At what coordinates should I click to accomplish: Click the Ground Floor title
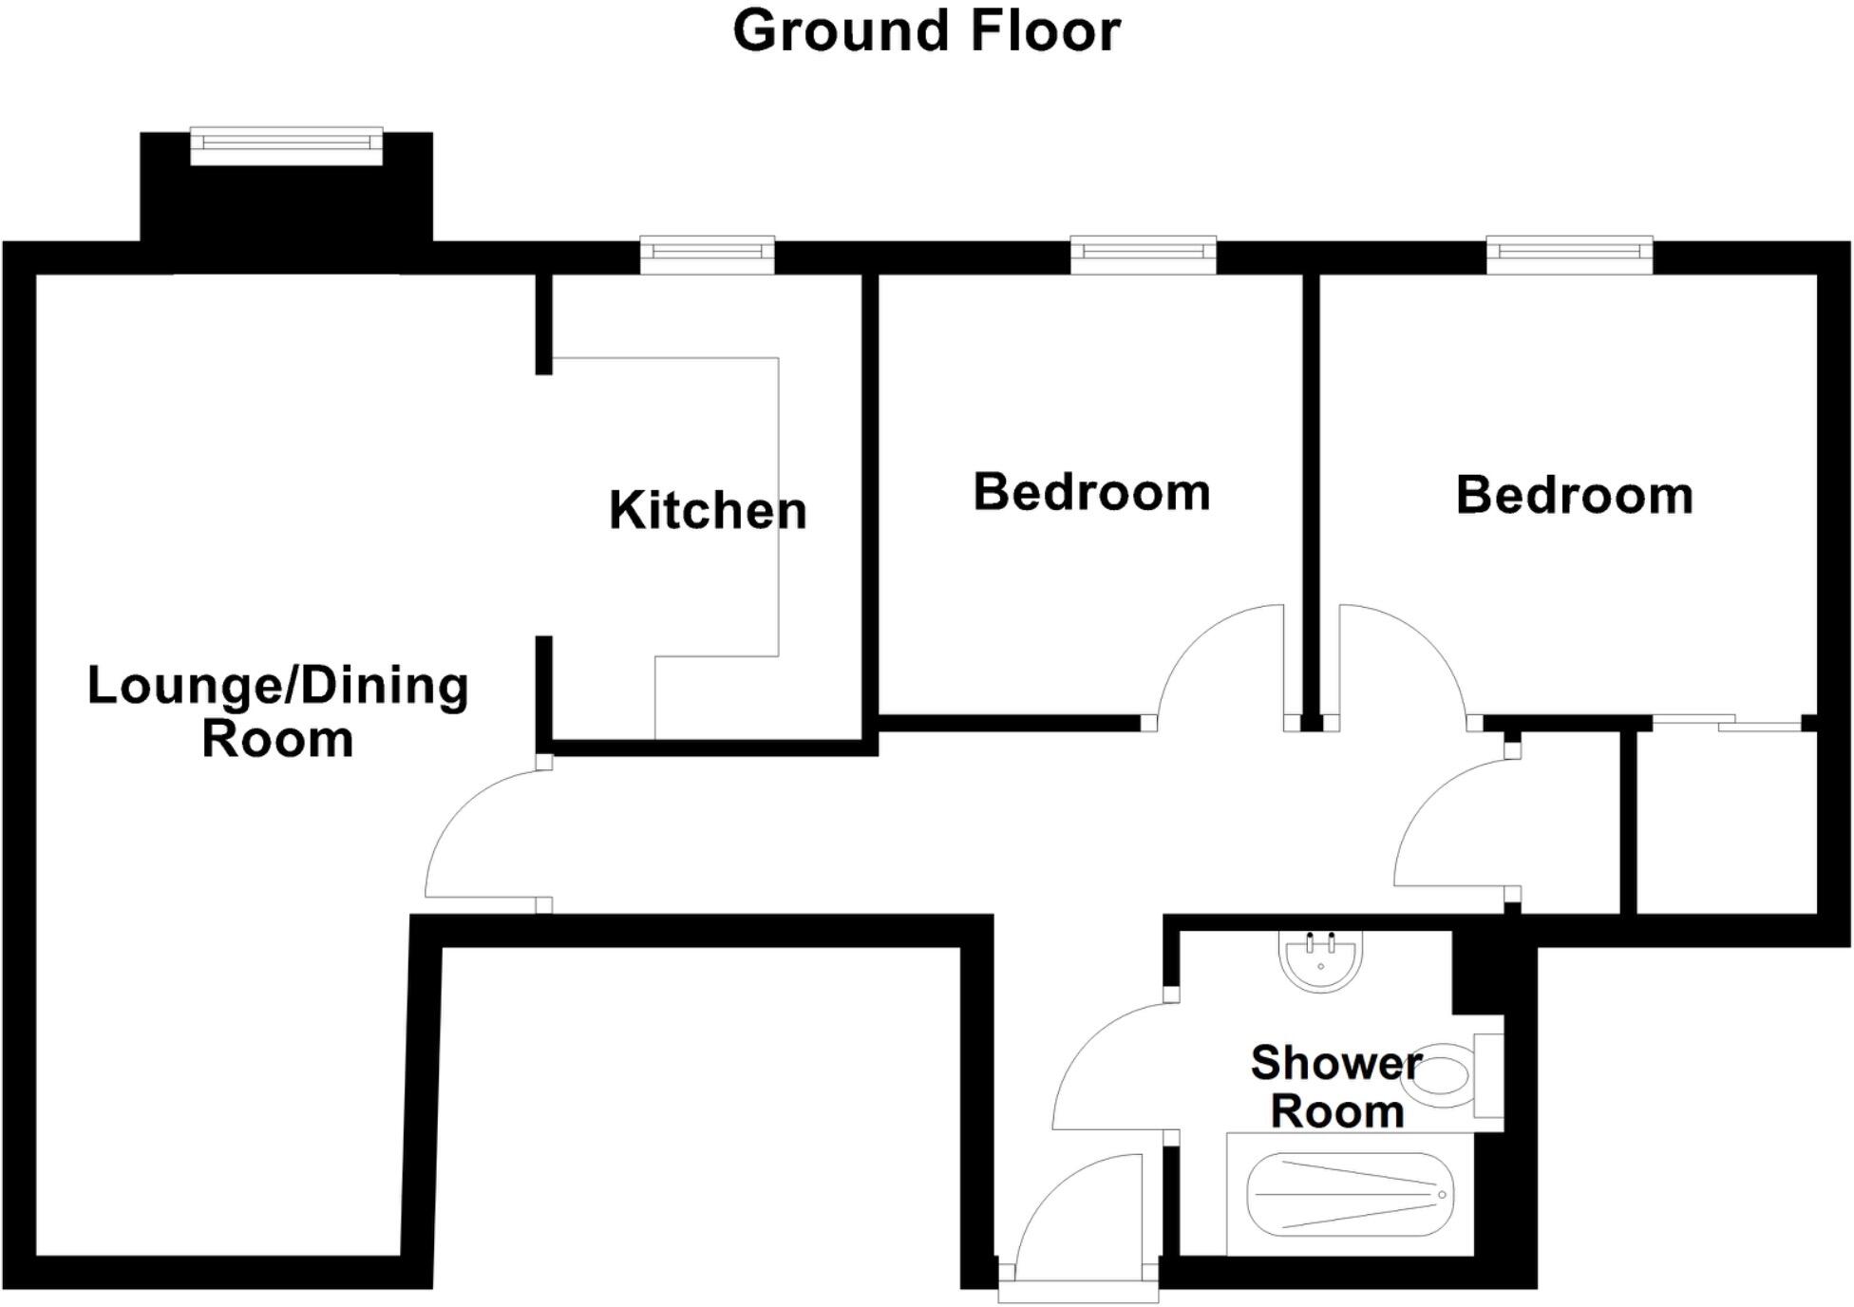click(x=926, y=31)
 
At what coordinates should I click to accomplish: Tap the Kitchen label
click(x=708, y=510)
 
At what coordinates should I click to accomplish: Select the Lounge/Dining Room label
click(x=277, y=710)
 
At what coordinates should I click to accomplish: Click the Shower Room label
click(x=1336, y=1087)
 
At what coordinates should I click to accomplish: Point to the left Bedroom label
click(x=1091, y=492)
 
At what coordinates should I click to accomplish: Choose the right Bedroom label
click(x=1574, y=495)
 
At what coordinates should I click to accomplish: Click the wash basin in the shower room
click(x=1320, y=960)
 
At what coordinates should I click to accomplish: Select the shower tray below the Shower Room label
click(x=1349, y=1194)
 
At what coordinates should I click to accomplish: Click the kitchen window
click(x=708, y=254)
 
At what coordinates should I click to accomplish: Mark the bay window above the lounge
click(x=286, y=144)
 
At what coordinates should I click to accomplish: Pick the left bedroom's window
click(x=1144, y=254)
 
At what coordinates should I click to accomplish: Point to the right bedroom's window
click(x=1569, y=254)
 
